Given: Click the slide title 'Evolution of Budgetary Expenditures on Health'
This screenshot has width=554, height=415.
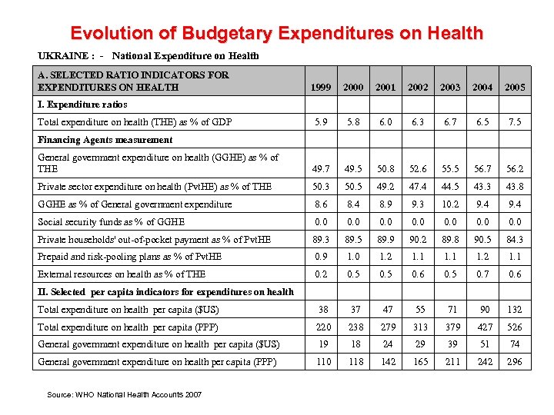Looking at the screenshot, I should point(276,33).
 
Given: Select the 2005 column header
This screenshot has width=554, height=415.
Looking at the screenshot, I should point(515,88).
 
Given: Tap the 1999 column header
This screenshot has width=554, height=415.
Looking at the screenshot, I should point(321,88).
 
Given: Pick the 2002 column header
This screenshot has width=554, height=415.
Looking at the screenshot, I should point(418,88).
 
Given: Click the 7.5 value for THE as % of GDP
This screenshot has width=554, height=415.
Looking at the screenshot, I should point(515,122).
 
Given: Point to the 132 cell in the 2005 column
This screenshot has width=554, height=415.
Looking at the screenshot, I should point(514,310).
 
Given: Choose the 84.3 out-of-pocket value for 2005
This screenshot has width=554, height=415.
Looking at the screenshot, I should point(515,240).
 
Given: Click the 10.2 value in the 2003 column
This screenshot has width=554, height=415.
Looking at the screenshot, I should point(450,204).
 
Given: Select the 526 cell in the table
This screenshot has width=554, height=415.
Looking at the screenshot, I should point(514,327).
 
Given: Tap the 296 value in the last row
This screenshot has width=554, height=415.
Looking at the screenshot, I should point(514,362).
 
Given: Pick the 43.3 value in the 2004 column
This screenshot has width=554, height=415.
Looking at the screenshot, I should point(482,187).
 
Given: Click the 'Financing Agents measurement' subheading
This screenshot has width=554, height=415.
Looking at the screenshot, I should point(105,140).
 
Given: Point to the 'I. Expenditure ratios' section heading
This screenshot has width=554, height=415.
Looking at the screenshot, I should point(82,105).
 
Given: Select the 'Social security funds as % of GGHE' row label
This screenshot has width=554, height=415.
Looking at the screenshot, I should point(112,222).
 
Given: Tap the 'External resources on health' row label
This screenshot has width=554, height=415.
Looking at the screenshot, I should point(122,274).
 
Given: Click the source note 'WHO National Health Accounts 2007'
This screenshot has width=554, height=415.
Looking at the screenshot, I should point(125,394).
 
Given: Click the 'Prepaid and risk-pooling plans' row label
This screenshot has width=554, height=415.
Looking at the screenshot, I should point(130,257).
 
